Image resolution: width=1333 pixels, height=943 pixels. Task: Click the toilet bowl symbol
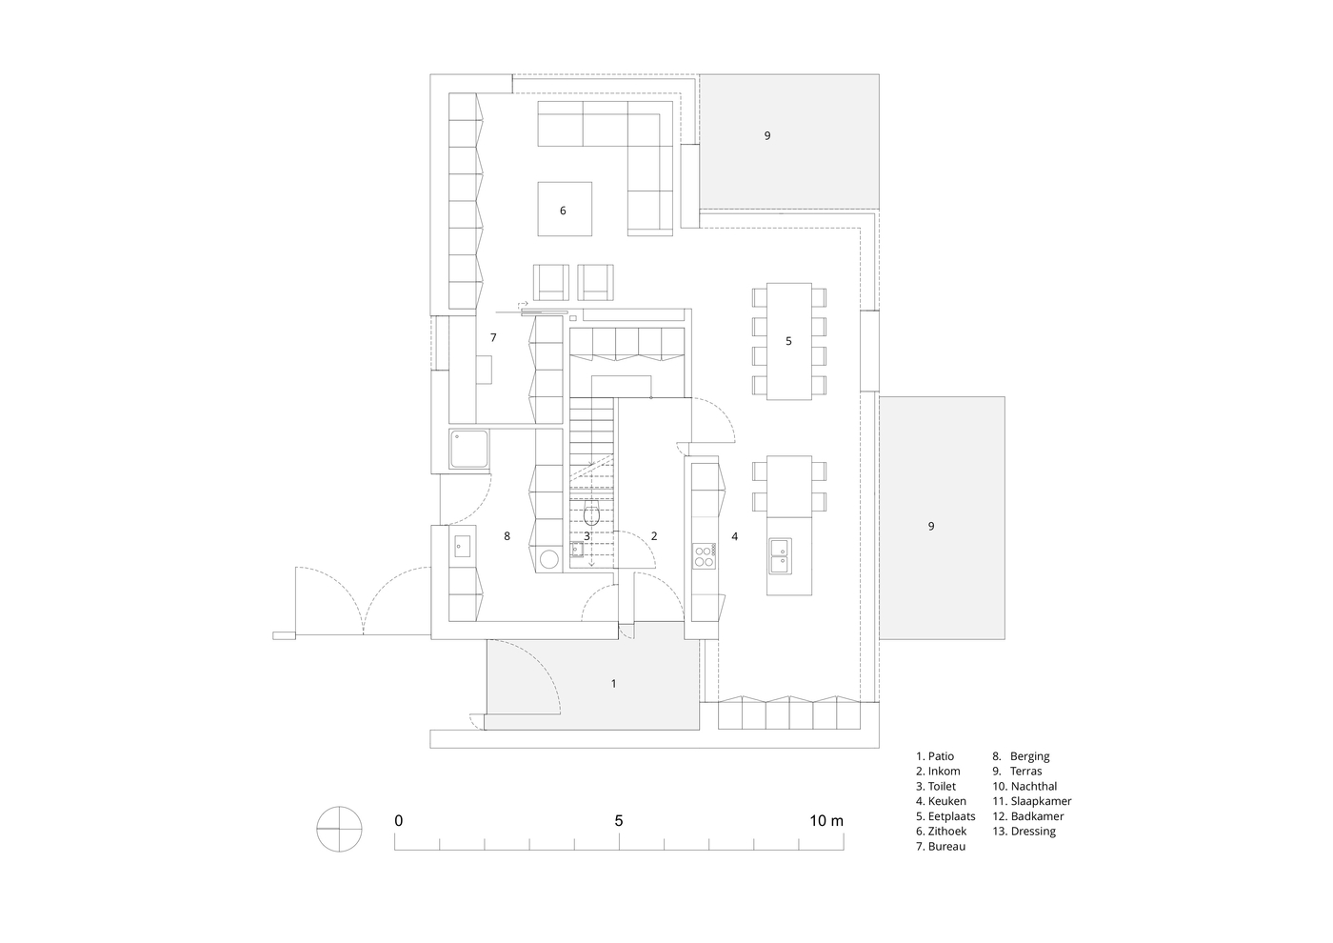pyautogui.click(x=590, y=513)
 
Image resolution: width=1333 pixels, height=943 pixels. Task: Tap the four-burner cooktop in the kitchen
pyautogui.click(x=704, y=556)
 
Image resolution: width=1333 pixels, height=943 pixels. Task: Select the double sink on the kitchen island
pyautogui.click(x=780, y=556)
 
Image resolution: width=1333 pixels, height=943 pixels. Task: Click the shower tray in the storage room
pyautogui.click(x=468, y=449)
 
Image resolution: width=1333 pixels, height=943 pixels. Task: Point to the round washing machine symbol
pyautogui.click(x=548, y=559)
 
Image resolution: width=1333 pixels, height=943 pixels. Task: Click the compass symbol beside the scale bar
pyautogui.click(x=339, y=830)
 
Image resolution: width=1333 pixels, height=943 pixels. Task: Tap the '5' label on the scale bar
pyautogui.click(x=619, y=821)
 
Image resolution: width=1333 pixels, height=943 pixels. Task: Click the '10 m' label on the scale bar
pyautogui.click(x=826, y=821)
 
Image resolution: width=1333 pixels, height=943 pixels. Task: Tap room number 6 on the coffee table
pyautogui.click(x=563, y=211)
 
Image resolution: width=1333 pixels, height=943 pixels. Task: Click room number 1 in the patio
pyautogui.click(x=614, y=684)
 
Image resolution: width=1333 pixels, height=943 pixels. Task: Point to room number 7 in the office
pyautogui.click(x=493, y=337)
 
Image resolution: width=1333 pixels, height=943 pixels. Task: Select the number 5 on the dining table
pyautogui.click(x=788, y=341)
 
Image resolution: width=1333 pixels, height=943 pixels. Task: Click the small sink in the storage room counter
pyautogui.click(x=463, y=546)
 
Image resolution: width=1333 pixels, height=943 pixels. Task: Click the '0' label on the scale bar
pyautogui.click(x=399, y=821)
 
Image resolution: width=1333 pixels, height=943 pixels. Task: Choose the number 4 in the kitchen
pyautogui.click(x=735, y=536)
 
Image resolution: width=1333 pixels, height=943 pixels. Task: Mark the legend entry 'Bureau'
pyautogui.click(x=941, y=846)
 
